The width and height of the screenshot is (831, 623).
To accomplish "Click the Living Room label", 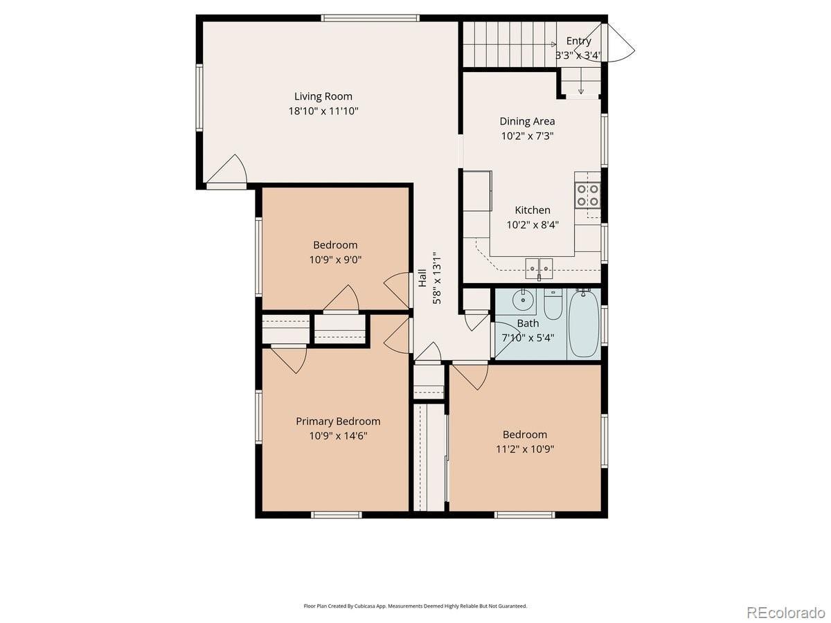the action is (x=323, y=96).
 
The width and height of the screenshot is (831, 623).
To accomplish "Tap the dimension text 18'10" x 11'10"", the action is (x=323, y=111).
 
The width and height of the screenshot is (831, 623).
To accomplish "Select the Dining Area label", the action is (x=527, y=121).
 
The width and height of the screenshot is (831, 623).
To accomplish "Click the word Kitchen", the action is (x=533, y=210).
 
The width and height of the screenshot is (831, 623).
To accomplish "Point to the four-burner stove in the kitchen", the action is (x=587, y=196).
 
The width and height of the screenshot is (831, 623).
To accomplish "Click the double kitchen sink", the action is (x=539, y=269).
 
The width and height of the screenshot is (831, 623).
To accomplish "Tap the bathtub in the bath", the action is (x=583, y=324).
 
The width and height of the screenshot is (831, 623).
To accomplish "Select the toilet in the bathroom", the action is (x=553, y=305).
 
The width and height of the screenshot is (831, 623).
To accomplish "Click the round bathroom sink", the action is (x=523, y=300).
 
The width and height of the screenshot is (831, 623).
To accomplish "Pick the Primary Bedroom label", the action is (x=338, y=422).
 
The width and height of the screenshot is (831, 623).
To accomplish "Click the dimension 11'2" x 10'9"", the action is (x=525, y=449).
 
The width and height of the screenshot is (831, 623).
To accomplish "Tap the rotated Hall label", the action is (x=422, y=278).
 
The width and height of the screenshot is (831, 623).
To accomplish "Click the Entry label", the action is (x=578, y=41).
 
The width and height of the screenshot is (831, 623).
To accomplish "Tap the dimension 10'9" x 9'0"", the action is (x=335, y=260).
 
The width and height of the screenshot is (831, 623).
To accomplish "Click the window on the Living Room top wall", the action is (x=370, y=18).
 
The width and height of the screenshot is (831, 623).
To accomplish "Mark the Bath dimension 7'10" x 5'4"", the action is (x=528, y=338).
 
